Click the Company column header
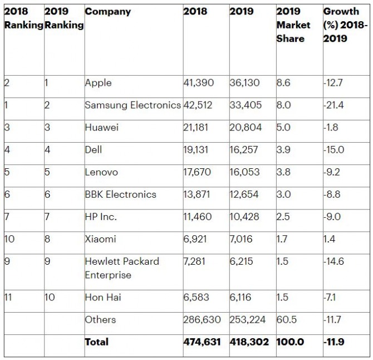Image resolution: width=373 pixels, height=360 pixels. pyautogui.click(x=108, y=12)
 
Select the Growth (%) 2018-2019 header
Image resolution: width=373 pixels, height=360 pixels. pyautogui.click(x=345, y=25)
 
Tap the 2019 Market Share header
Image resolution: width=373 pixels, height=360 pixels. pyautogui.click(x=293, y=25)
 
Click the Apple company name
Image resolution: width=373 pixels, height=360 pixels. pyautogui.click(x=98, y=83)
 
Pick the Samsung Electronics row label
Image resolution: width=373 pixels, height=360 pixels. pyautogui.click(x=132, y=105)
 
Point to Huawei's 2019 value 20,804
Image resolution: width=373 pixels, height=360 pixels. pyautogui.click(x=246, y=128)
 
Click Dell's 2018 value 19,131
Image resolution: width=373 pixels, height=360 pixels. pyautogui.click(x=195, y=150)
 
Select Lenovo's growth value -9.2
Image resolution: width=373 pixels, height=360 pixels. pyautogui.click(x=332, y=172)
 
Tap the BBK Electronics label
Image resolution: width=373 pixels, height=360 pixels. pyautogui.click(x=120, y=194)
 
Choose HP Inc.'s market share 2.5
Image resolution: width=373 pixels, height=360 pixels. pyautogui.click(x=283, y=217)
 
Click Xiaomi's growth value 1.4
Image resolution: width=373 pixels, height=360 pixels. pyautogui.click(x=329, y=239)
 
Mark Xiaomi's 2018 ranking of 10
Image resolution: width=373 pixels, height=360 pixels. pyautogui.click(x=9, y=239)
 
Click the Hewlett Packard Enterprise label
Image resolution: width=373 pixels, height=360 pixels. pyautogui.click(x=122, y=268)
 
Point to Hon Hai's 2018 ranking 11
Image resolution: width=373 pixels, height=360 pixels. pyautogui.click(x=8, y=298)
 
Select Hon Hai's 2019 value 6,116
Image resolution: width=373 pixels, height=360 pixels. pyautogui.click(x=241, y=298)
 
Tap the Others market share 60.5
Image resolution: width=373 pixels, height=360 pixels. pyautogui.click(x=286, y=320)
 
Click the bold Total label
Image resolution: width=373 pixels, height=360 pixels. pyautogui.click(x=96, y=342)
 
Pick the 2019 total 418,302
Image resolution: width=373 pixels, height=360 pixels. pyautogui.click(x=249, y=342)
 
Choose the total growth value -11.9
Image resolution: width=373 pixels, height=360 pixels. pyautogui.click(x=333, y=342)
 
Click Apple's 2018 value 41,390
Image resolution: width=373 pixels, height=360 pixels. pyautogui.click(x=198, y=83)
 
